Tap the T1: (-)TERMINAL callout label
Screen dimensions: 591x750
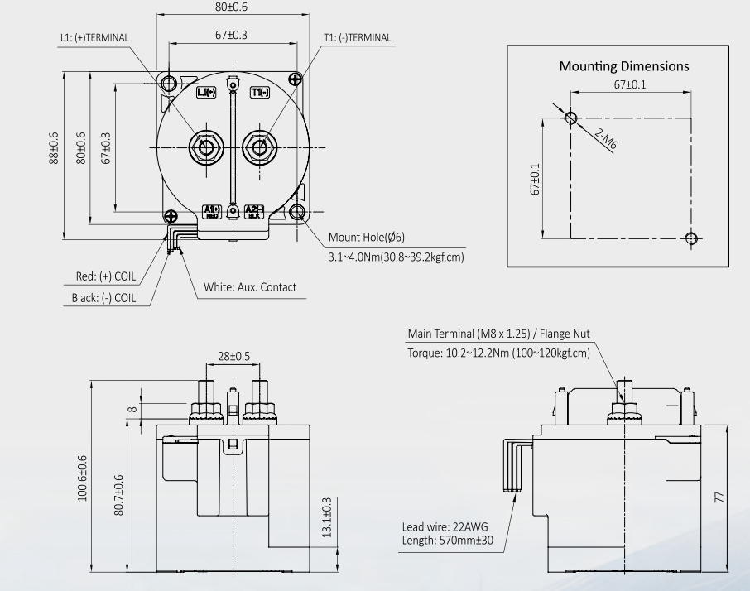358,37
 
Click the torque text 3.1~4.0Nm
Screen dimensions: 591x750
396,257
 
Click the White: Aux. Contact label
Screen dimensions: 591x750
249,287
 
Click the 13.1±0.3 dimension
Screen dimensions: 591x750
327,518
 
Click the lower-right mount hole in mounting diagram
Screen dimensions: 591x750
691,238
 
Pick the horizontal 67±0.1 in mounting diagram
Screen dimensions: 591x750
630,84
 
